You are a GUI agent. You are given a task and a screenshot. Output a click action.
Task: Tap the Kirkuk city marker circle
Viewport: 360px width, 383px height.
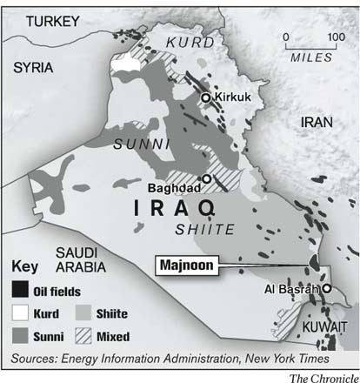pyautogui.click(x=206, y=98)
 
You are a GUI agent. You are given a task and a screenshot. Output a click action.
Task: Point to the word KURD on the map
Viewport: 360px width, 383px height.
pyautogui.click(x=189, y=42)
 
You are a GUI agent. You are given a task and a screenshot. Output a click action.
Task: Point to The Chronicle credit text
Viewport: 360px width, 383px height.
pyautogui.click(x=322, y=376)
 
